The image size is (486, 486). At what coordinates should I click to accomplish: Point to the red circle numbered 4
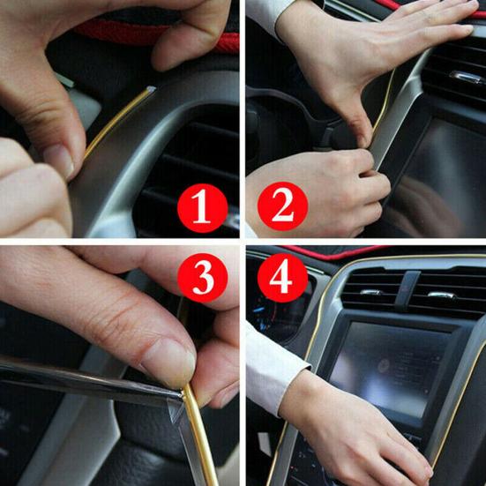(281, 281)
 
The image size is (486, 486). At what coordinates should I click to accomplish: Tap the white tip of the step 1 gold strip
(152, 89)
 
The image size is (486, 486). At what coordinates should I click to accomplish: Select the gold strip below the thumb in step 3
(199, 432)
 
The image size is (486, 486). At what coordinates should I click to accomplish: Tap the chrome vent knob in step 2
(465, 77)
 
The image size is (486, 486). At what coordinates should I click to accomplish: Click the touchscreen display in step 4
(388, 362)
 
